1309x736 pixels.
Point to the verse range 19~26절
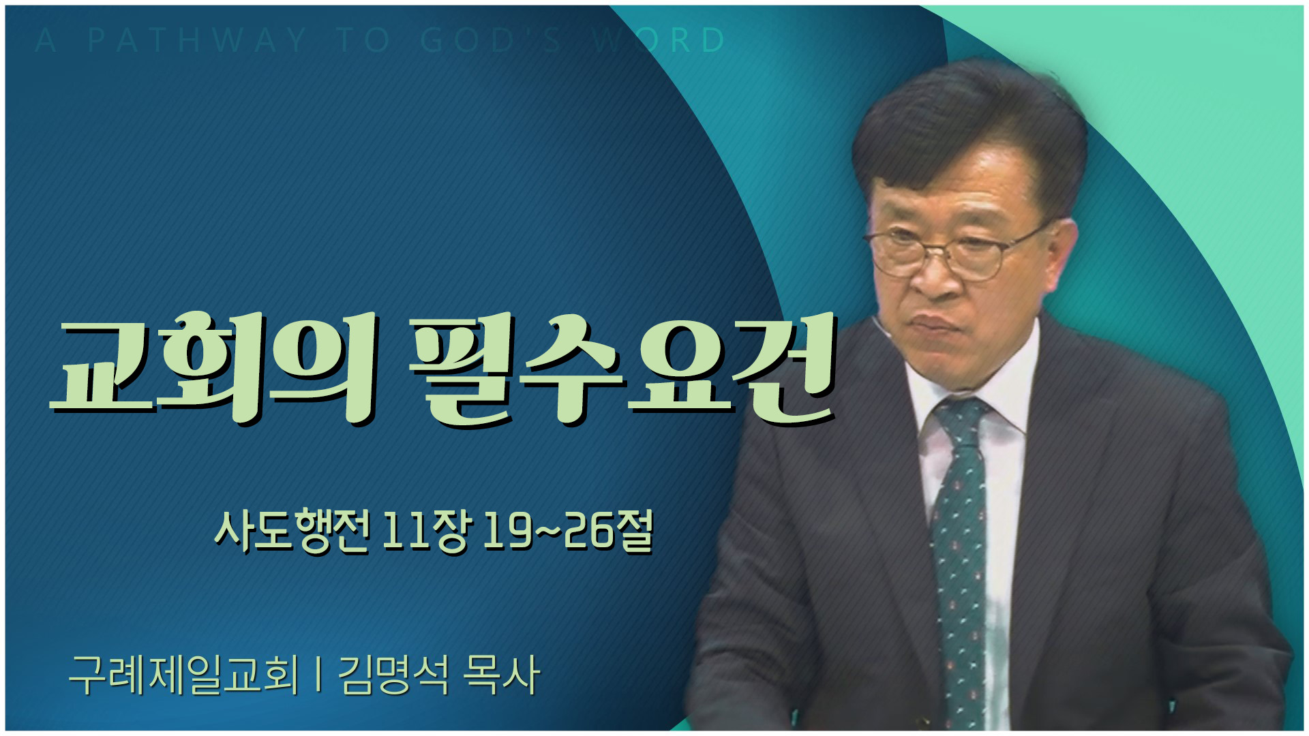click(568, 532)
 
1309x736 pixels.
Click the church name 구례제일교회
click(183, 675)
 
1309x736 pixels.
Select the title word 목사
click(501, 675)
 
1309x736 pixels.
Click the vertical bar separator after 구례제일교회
click(318, 675)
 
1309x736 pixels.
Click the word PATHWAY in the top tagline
click(197, 40)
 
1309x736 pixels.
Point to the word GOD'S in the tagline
click(491, 40)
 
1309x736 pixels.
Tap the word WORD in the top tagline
click(658, 40)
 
